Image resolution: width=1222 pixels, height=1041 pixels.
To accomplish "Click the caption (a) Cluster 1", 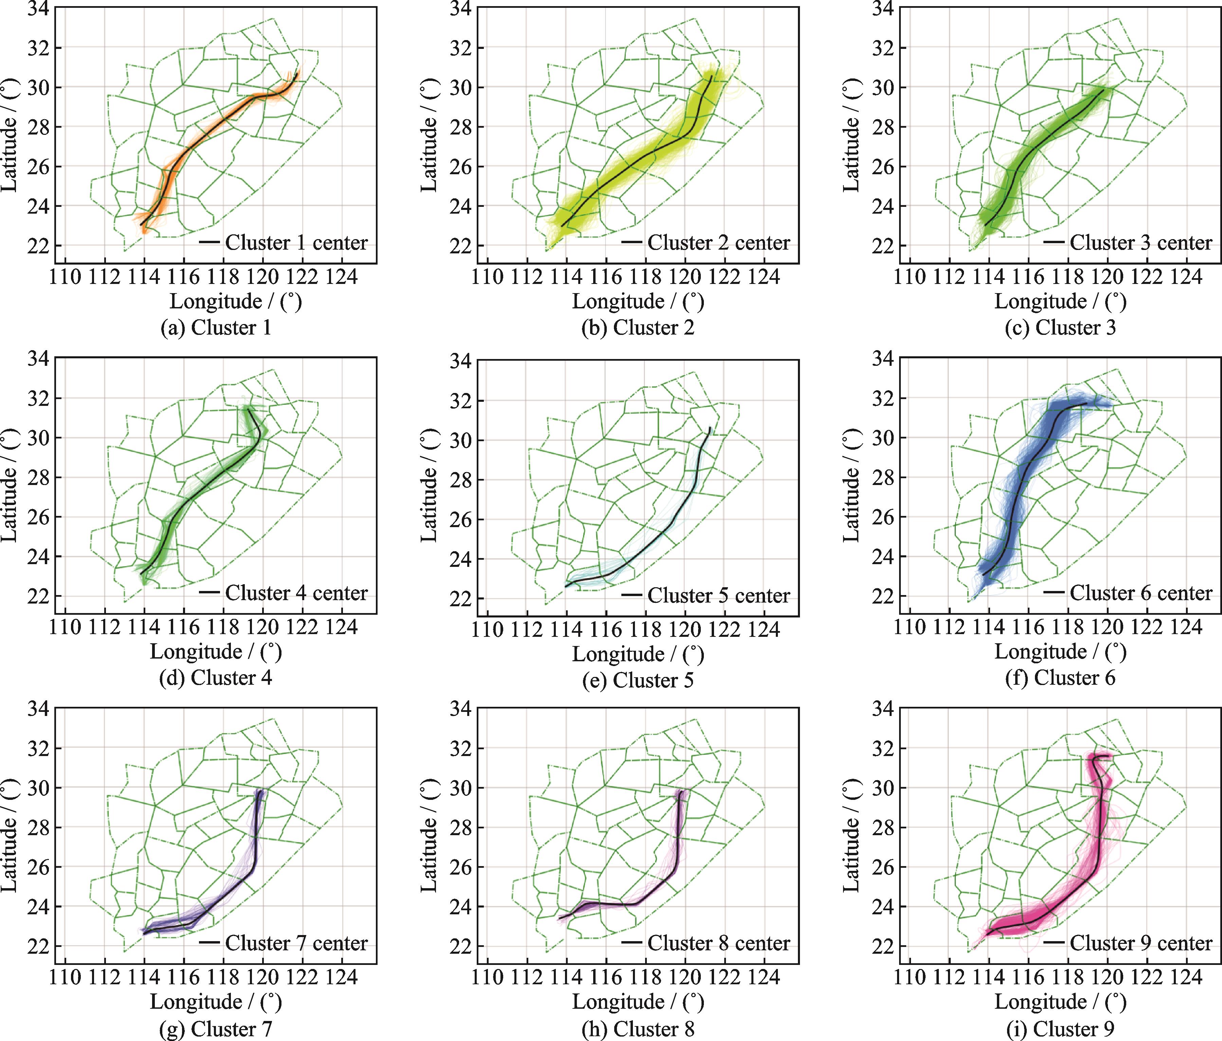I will (216, 328).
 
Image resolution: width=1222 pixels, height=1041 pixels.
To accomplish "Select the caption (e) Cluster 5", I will (638, 680).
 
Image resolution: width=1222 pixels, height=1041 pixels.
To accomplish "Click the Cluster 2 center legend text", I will (718, 243).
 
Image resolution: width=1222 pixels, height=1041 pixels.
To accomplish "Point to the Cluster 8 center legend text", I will (718, 943).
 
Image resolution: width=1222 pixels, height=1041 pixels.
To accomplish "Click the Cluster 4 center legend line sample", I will (209, 592).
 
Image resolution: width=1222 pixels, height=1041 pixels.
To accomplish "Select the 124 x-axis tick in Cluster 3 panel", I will (1186, 276).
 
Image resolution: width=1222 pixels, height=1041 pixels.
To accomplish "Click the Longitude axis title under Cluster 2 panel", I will (638, 302).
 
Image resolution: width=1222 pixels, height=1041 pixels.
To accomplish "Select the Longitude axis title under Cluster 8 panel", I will (638, 1002).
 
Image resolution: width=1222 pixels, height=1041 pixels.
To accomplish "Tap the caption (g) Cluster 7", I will (216, 1029).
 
